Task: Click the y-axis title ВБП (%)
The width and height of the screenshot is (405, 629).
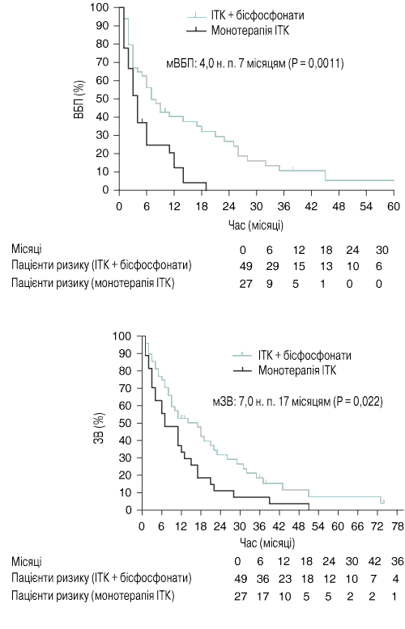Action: [79, 99]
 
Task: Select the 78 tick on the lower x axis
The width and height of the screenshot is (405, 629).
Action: [397, 526]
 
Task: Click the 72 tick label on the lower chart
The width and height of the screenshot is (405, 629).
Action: [377, 526]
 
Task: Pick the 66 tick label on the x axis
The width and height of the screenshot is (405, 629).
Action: [357, 526]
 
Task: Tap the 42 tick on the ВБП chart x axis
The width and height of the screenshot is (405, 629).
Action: [311, 206]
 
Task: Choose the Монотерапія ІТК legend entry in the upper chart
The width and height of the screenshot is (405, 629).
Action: [238, 30]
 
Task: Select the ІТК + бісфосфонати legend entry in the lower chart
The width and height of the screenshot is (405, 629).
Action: [292, 356]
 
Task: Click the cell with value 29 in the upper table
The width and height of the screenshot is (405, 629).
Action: [269, 266]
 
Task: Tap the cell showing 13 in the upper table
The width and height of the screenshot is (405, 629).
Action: [326, 266]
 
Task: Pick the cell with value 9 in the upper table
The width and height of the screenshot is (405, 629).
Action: [269, 284]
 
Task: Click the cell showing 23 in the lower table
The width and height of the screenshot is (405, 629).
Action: [284, 579]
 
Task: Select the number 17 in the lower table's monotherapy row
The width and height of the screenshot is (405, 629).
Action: [262, 597]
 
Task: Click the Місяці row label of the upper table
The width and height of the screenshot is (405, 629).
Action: [27, 249]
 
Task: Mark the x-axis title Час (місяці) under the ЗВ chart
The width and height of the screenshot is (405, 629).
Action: [267, 543]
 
